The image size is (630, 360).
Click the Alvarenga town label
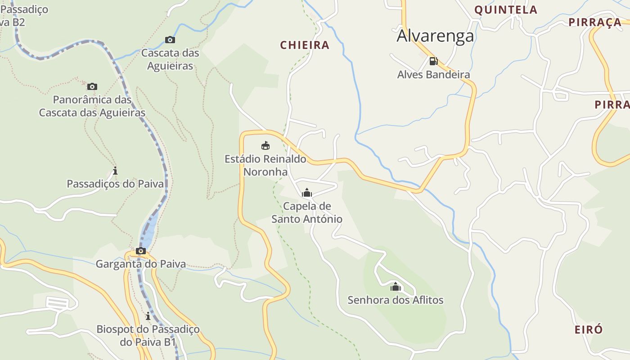click(435, 36)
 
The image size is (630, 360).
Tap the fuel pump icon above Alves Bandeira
click(433, 61)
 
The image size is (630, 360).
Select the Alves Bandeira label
click(433, 75)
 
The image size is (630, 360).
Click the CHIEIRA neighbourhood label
click(305, 45)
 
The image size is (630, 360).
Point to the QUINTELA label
click(506, 10)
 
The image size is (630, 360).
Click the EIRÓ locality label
click(589, 329)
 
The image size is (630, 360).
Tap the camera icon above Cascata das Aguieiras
click(170, 40)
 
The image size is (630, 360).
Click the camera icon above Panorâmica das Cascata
click(92, 86)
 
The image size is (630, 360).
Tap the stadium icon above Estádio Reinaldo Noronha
click(265, 145)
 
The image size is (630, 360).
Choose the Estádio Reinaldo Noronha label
click(265, 166)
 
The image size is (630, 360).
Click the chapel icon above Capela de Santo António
click(307, 193)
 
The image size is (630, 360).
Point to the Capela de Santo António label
click(307, 213)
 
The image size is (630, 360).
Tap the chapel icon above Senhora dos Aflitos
click(396, 287)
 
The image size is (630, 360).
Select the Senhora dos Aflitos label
click(396, 300)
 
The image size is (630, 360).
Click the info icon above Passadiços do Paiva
click(115, 171)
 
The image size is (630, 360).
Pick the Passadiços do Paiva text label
click(115, 184)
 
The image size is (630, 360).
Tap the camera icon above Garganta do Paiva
click(141, 251)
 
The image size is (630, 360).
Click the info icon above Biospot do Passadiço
click(148, 316)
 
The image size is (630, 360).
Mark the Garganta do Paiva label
click(141, 264)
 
